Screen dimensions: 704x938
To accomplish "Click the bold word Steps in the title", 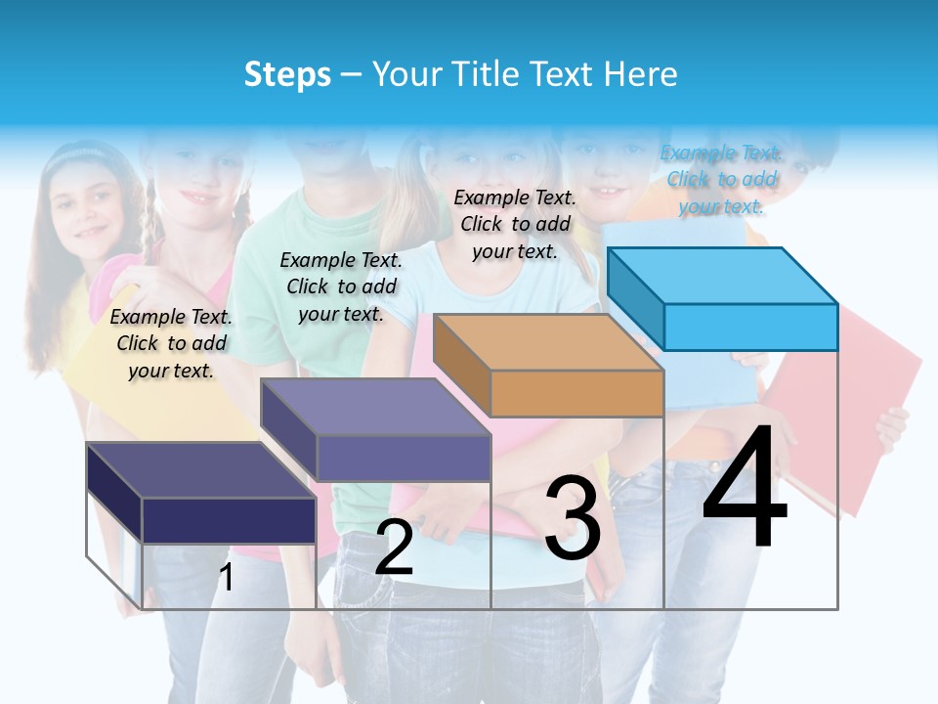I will click(x=287, y=75).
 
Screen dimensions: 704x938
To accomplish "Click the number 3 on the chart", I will click(x=572, y=518).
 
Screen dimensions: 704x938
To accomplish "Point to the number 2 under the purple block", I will click(x=394, y=548).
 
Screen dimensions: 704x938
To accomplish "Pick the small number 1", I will click(x=226, y=577).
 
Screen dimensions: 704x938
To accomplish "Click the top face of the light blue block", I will click(x=723, y=275).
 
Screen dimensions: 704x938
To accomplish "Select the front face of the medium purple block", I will click(x=404, y=458).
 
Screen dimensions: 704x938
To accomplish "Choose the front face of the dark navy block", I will click(x=229, y=520).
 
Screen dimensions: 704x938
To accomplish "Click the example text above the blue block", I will click(x=722, y=179).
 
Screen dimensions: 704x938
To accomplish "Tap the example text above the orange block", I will click(x=515, y=224).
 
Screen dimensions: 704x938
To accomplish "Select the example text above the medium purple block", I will click(x=341, y=286).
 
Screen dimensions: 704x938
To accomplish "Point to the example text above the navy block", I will click(x=171, y=343).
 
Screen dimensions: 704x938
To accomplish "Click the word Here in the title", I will click(x=641, y=74).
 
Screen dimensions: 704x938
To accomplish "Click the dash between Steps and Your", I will click(x=352, y=75).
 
